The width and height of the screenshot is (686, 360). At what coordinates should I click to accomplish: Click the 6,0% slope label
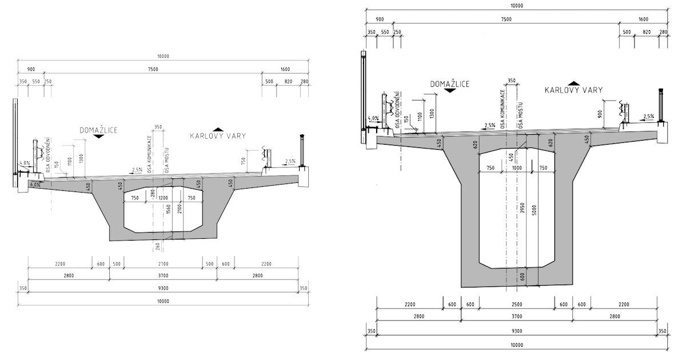(35, 185)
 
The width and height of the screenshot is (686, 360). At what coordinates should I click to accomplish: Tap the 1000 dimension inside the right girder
(517, 167)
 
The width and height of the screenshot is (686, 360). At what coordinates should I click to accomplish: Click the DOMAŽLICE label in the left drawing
(99, 130)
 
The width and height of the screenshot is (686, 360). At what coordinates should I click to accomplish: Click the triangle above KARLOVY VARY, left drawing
(217, 129)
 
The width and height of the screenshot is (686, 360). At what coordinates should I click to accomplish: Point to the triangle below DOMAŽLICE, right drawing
(450, 91)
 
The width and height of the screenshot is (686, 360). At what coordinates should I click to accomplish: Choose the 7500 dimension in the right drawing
(505, 19)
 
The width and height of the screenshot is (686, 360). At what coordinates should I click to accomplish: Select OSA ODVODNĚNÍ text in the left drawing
(51, 154)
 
